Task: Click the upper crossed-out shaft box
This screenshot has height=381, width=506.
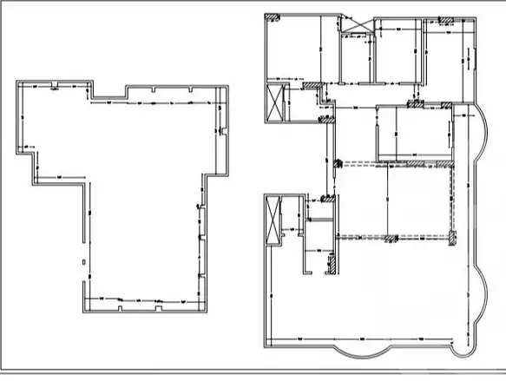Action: click(x=277, y=102)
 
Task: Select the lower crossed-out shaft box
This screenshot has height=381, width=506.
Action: click(x=275, y=222)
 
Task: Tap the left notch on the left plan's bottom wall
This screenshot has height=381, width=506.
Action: click(x=118, y=305)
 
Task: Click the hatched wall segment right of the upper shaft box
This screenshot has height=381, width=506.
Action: click(x=309, y=84)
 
